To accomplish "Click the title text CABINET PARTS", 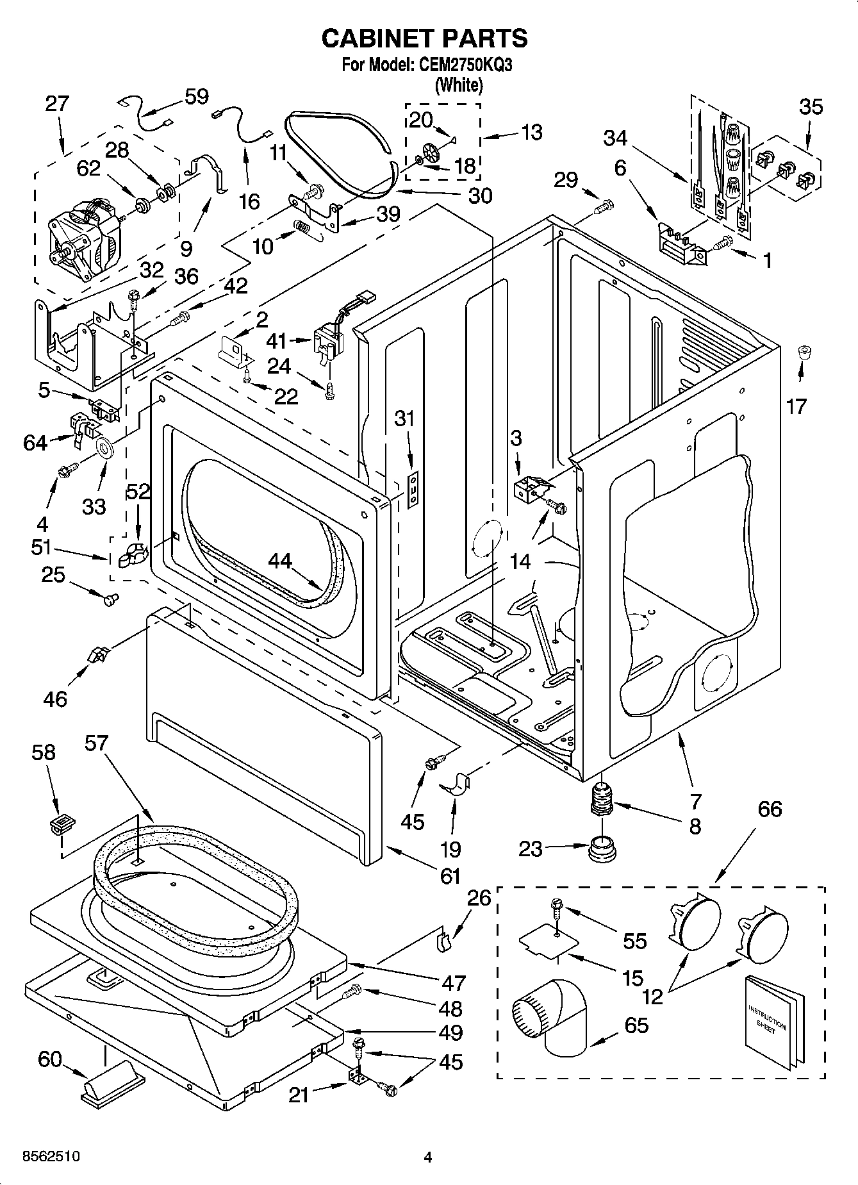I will pos(424,38).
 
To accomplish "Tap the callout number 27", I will pos(57,104).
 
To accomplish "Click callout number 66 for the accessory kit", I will pos(770,809).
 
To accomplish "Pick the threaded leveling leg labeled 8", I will pos(601,799).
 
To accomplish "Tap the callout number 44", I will pos(279,561).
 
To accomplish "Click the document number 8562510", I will pos(51,1156).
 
